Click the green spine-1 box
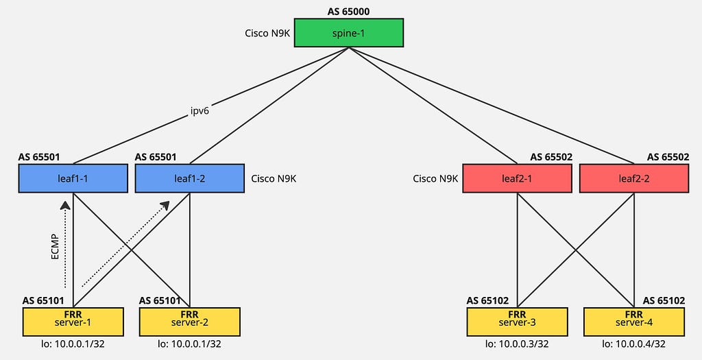click(x=349, y=32)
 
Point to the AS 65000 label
click(x=349, y=11)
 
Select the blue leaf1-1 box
click(x=73, y=178)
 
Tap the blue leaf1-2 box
click(x=190, y=178)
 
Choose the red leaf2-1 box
click(x=517, y=178)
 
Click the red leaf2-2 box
click(x=633, y=178)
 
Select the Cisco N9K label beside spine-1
click(x=267, y=33)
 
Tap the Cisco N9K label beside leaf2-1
click(x=435, y=178)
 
